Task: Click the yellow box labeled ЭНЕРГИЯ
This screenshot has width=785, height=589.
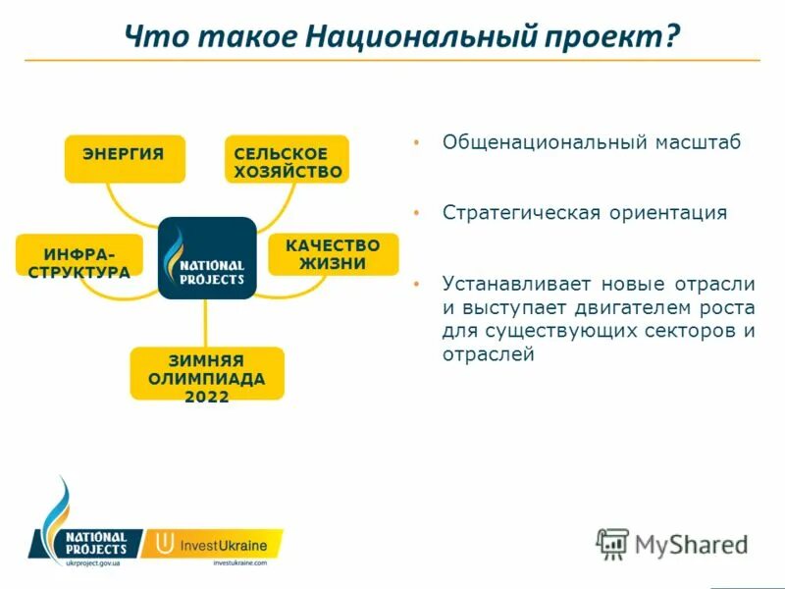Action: tap(125, 158)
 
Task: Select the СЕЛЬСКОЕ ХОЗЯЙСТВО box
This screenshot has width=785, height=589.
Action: tap(288, 159)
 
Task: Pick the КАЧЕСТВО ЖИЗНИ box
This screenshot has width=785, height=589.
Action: tap(334, 254)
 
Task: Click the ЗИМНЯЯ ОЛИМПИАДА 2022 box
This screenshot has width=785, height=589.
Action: tap(207, 374)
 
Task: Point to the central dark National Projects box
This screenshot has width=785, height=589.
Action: tap(207, 258)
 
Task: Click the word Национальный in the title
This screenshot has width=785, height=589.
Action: tap(422, 37)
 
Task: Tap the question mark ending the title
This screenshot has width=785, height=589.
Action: tap(671, 37)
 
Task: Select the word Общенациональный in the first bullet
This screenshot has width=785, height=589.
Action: tap(540, 142)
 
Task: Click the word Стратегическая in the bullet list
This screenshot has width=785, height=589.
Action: tap(520, 213)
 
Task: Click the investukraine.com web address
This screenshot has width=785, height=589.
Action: tap(239, 562)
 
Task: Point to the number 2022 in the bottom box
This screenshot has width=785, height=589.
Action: tap(207, 397)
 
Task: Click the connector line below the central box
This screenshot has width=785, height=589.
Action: tap(207, 324)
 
